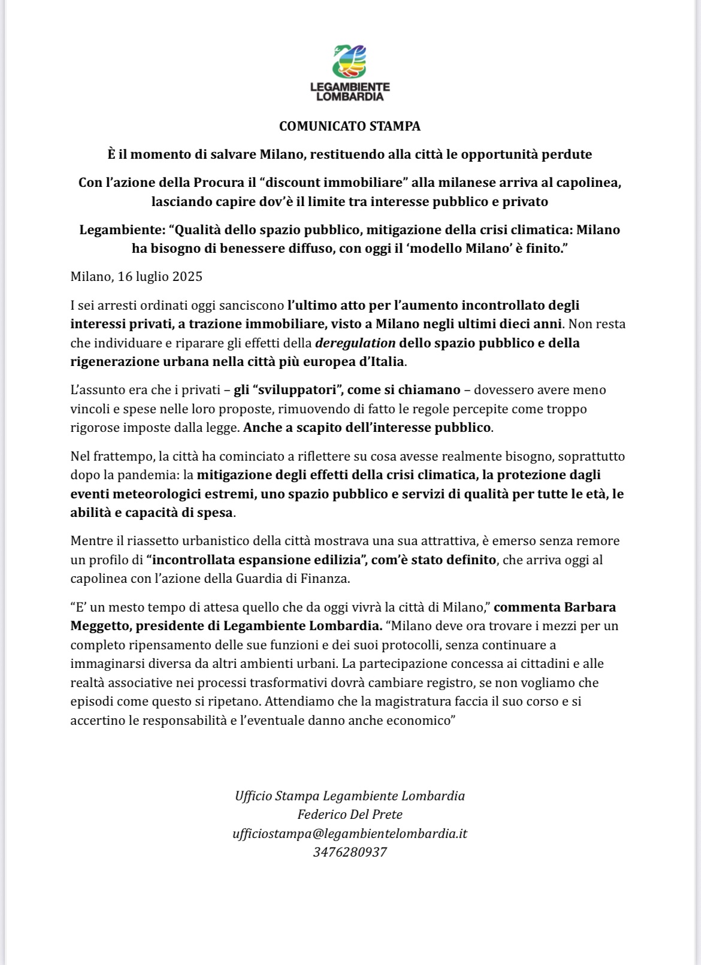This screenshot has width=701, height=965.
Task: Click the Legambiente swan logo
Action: click(x=349, y=61)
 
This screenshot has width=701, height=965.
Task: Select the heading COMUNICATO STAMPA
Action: click(x=350, y=126)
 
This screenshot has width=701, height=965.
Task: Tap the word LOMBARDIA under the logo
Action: click(x=350, y=96)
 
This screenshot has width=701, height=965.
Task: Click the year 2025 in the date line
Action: click(x=187, y=277)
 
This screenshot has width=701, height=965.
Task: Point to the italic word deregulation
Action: click(x=355, y=343)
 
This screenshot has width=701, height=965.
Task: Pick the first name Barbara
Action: click(x=590, y=607)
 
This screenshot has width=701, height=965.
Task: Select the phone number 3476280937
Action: click(x=350, y=852)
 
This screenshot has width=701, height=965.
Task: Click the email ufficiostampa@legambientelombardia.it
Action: click(x=350, y=834)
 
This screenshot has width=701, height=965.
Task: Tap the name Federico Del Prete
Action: click(x=350, y=815)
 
